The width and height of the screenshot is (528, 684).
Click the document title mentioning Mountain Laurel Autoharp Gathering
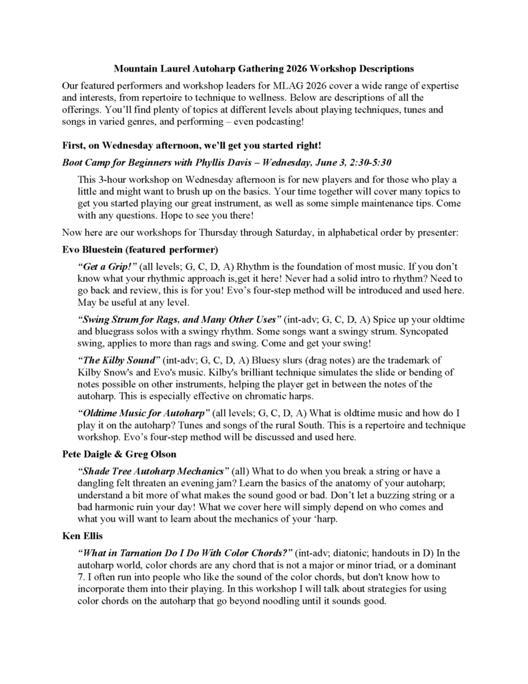264,69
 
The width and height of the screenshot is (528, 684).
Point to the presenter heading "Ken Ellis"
80,538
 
